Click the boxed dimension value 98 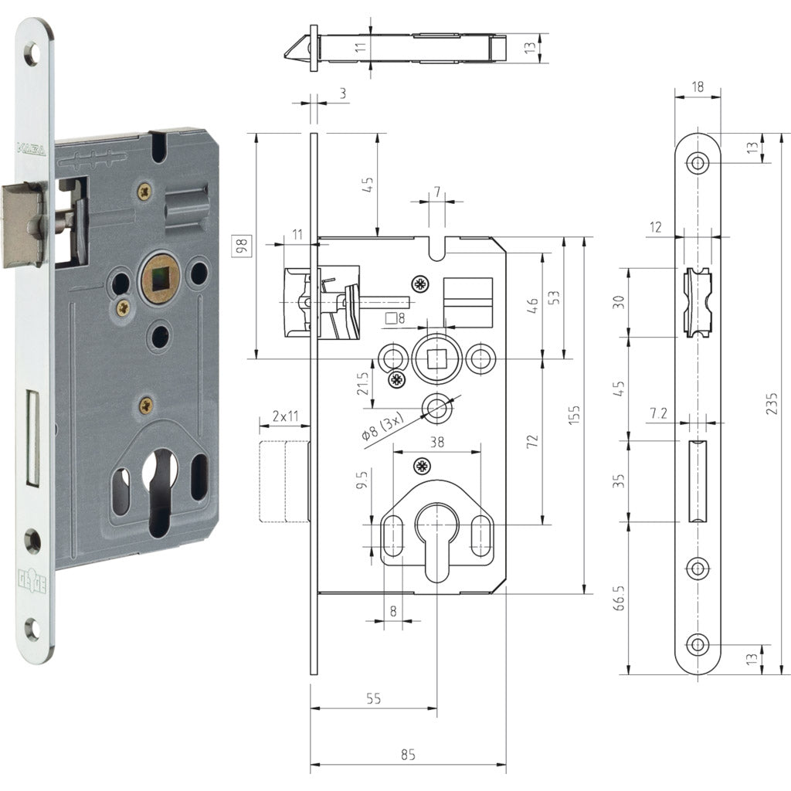(x=242, y=246)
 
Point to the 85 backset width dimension (x=409, y=755)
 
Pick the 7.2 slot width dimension (x=658, y=414)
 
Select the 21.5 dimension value (x=362, y=384)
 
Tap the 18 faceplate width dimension (x=698, y=88)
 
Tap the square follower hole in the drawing (x=438, y=358)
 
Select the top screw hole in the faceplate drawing (x=698, y=164)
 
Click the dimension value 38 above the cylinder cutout (x=436, y=443)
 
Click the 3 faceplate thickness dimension (x=342, y=93)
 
